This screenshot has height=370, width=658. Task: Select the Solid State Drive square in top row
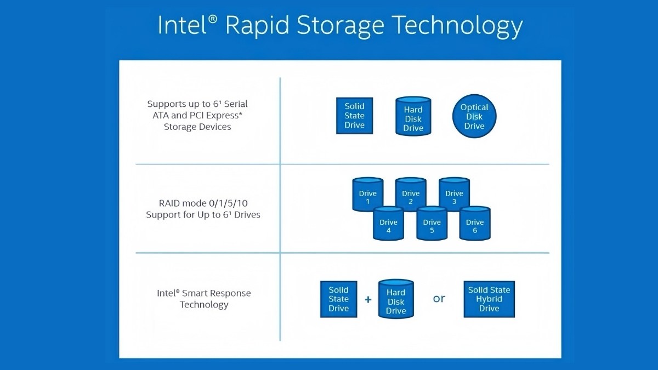click(x=354, y=116)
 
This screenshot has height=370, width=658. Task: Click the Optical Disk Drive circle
click(x=474, y=116)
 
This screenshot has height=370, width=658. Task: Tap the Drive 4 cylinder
click(x=388, y=225)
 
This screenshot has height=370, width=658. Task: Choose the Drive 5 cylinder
click(x=432, y=225)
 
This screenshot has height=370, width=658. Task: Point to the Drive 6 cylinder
click(x=475, y=225)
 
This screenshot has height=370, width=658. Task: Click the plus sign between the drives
click(x=368, y=299)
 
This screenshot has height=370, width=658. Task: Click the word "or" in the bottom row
click(x=439, y=299)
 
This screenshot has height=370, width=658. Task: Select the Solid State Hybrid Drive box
click(x=489, y=299)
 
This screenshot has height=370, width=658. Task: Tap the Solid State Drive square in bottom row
click(x=338, y=299)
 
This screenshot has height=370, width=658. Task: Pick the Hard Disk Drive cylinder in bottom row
click(x=396, y=301)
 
